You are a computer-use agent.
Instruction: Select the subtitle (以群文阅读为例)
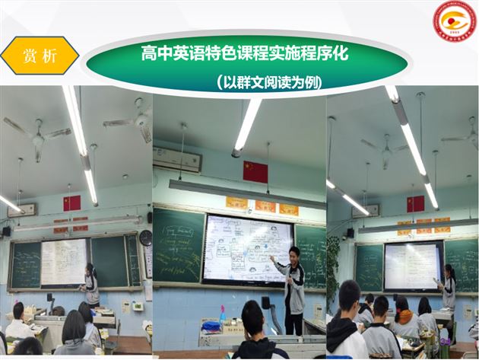[x=268, y=81]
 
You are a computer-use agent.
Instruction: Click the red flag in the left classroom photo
[x=72, y=202]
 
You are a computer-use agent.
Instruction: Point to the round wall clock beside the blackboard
[x=145, y=237]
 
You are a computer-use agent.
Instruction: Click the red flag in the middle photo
[x=255, y=171]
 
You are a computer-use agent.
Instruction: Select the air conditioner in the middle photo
[x=176, y=160]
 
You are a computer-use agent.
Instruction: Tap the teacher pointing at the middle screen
[x=292, y=288]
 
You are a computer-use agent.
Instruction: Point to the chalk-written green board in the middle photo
[x=179, y=245]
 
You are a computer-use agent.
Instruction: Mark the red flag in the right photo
[x=415, y=204]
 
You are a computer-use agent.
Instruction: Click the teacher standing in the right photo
[x=449, y=289]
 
